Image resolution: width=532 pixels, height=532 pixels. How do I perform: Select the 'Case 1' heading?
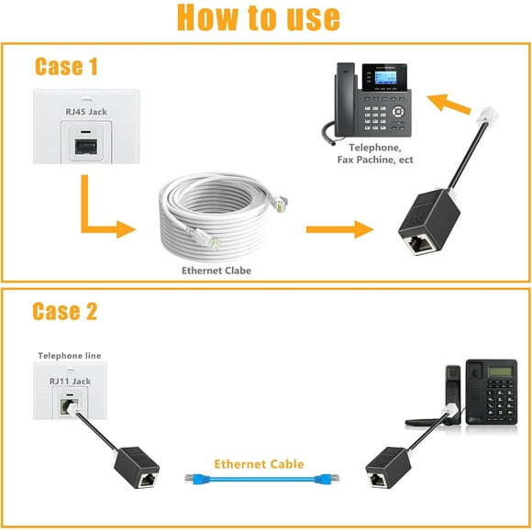point(66,66)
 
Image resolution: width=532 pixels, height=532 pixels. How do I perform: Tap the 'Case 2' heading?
point(64,311)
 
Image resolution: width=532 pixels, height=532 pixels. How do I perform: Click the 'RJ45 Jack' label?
point(85,112)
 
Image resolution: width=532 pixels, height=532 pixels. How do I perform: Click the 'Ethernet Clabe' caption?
point(216,271)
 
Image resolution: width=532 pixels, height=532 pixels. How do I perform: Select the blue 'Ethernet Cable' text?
point(259,464)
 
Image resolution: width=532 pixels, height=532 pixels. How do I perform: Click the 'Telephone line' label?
point(70,355)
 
